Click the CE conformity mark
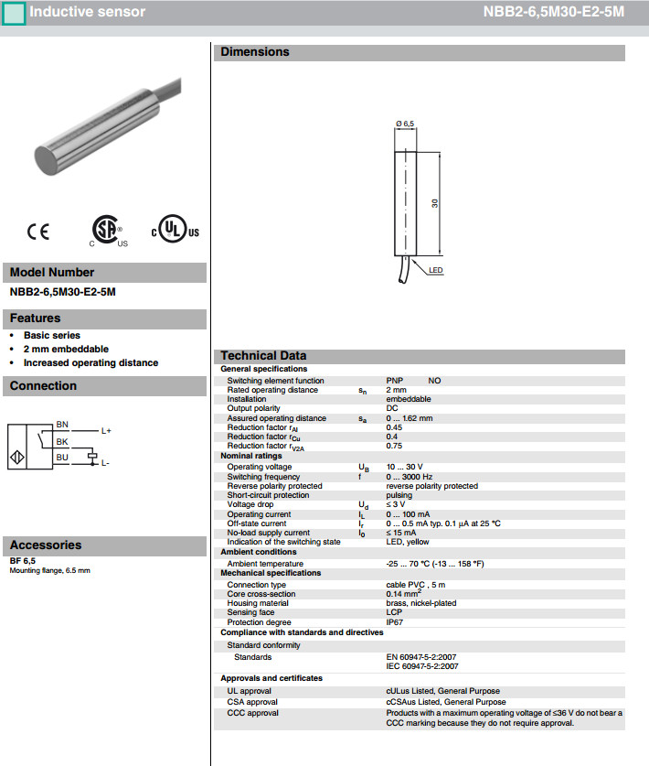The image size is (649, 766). (x=38, y=232)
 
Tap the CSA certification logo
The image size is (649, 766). (x=107, y=231)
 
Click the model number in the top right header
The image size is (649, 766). (x=553, y=13)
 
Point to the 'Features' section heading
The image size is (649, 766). (x=36, y=318)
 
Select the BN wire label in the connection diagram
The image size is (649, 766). (x=61, y=424)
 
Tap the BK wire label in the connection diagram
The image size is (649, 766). (x=61, y=440)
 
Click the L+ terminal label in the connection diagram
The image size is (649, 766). (x=106, y=430)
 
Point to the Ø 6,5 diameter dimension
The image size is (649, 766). (x=405, y=123)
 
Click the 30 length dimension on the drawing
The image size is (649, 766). (x=436, y=202)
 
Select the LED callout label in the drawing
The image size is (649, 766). (x=435, y=270)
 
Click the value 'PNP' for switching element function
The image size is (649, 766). (x=394, y=381)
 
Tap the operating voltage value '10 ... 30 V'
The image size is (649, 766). (x=405, y=467)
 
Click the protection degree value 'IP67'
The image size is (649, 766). (x=395, y=621)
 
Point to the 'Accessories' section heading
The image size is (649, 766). (x=46, y=545)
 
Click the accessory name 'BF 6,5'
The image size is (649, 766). (x=22, y=560)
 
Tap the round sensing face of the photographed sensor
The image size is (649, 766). (x=52, y=157)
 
